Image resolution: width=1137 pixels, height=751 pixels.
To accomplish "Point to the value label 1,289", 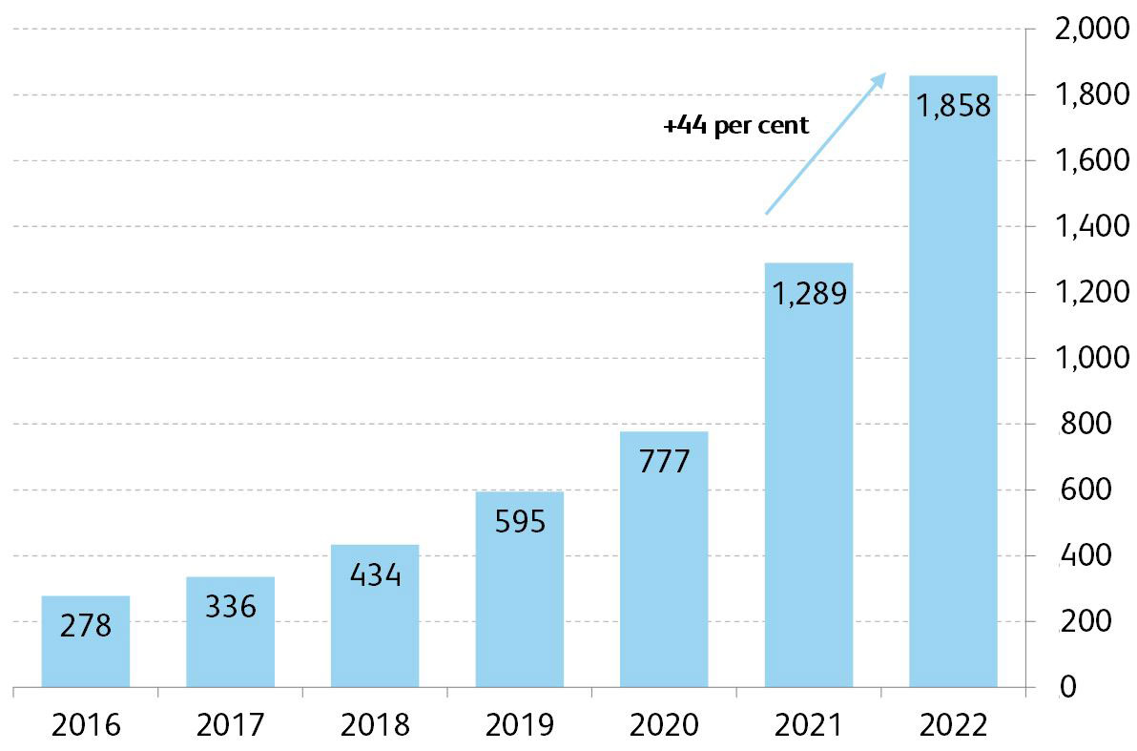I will point(809,294).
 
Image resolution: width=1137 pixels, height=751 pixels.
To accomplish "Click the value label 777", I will point(664,462).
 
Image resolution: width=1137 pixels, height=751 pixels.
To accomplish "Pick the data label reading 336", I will point(231,606).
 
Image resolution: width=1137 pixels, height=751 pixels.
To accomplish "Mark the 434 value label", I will point(375,576).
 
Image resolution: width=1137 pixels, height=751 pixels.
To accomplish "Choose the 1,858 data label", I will point(953,105).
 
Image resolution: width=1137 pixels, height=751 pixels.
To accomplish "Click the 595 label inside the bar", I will point(519,522).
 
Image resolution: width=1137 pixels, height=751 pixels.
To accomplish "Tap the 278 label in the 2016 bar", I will point(86,626).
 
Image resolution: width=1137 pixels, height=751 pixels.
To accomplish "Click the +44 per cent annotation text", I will point(736,125).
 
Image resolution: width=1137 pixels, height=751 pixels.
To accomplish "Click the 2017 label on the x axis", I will point(231,725).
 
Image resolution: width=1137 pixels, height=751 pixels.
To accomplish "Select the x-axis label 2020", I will point(664,725).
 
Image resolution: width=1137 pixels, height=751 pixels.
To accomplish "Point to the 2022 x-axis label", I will point(953,725).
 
